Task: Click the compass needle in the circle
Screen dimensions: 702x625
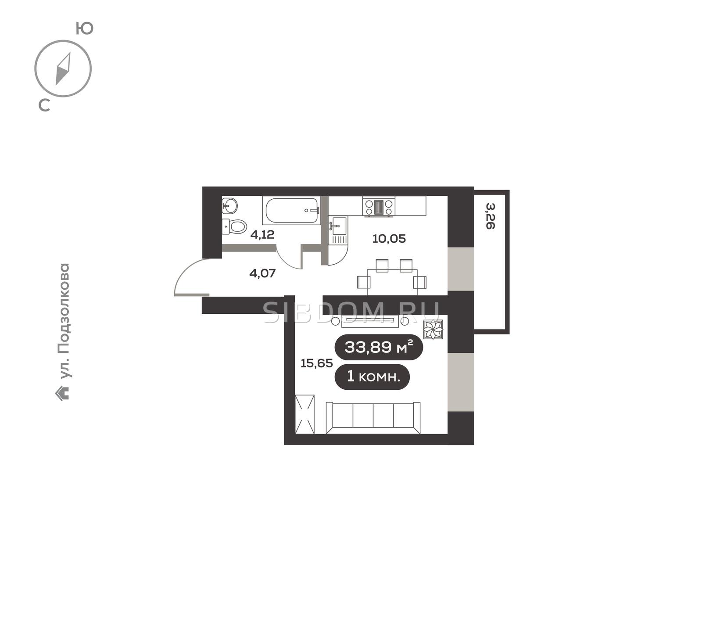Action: click(x=63, y=69)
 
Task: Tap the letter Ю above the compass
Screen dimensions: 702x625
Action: click(x=85, y=29)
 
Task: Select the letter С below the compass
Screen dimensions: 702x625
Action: click(x=44, y=105)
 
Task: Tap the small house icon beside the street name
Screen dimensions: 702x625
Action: click(x=62, y=393)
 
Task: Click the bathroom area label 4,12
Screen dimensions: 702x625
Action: click(x=262, y=235)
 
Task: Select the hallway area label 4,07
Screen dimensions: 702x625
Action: click(x=262, y=273)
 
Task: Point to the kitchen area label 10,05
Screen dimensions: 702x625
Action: click(x=389, y=239)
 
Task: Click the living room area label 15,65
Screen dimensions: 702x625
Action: click(x=317, y=363)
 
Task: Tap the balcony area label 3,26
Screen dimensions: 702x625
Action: click(x=490, y=216)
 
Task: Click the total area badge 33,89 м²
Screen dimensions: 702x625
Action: click(x=379, y=347)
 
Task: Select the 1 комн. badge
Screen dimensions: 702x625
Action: click(x=372, y=377)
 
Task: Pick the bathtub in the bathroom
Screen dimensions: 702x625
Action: click(x=291, y=210)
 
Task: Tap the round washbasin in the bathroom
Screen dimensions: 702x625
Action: click(x=229, y=205)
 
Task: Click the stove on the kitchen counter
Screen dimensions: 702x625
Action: click(x=379, y=207)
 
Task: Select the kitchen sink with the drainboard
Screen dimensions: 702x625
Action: click(x=338, y=230)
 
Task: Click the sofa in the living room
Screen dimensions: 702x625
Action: click(x=373, y=417)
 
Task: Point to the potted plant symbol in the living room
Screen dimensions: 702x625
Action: click(x=433, y=330)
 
